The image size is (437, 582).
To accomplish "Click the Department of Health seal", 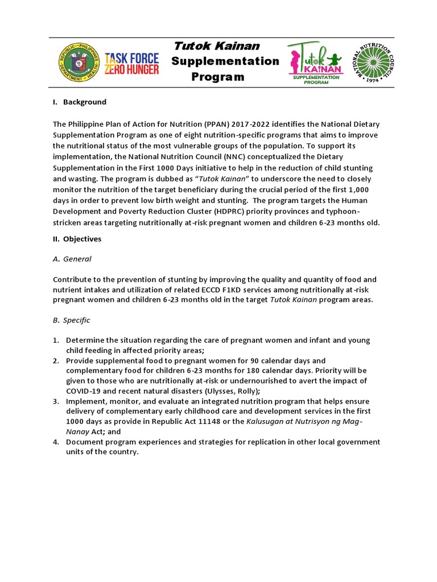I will click(80, 63).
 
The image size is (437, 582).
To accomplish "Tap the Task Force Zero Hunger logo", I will click(132, 63).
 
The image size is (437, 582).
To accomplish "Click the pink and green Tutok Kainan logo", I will click(316, 63).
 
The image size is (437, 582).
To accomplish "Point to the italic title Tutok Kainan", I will click(216, 46).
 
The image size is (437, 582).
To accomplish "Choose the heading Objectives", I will click(82, 239).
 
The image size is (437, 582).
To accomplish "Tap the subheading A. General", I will click(72, 259).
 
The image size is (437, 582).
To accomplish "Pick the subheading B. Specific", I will click(71, 321).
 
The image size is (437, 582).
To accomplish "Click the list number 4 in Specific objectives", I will click(56, 442).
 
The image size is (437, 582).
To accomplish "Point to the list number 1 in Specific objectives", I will click(56, 340).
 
